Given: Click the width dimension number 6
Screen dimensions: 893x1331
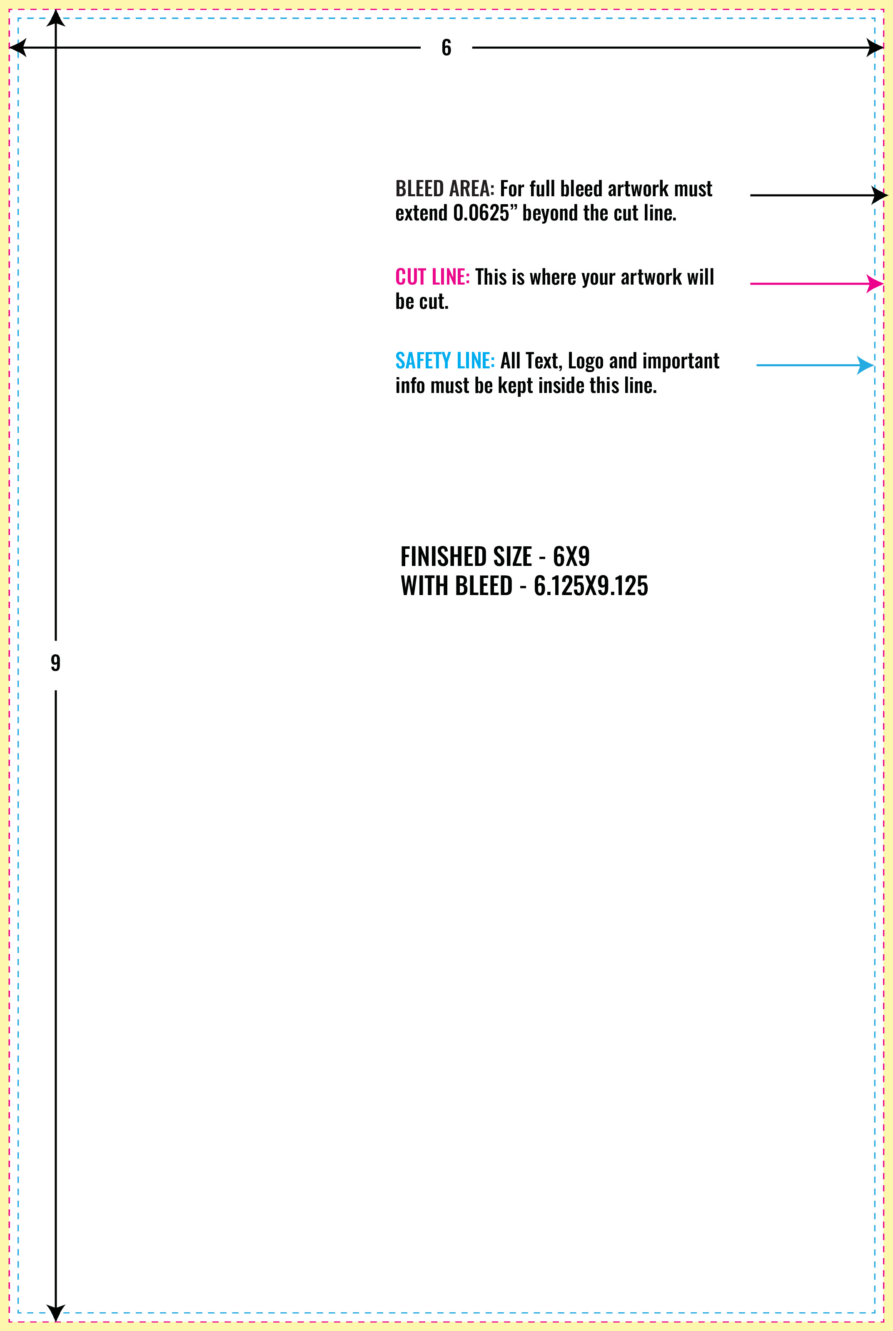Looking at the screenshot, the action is point(446,48).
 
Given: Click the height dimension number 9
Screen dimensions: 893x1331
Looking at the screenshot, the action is point(55,663).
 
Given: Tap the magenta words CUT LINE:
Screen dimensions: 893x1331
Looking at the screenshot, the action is point(432,277).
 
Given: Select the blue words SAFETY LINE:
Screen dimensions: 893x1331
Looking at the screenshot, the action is point(445,360).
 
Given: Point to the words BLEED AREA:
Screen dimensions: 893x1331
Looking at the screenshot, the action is point(445,189).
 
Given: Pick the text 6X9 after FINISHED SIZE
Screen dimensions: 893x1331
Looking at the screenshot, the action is point(571,557).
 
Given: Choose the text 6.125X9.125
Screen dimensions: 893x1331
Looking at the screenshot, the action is point(591,586).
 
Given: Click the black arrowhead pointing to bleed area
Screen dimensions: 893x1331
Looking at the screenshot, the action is point(880,195).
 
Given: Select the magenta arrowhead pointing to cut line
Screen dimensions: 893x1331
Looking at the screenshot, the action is point(876,283).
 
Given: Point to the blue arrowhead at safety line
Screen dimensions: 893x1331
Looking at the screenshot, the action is point(866,365).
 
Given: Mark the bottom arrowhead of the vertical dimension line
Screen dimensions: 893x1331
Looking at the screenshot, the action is point(56,1313).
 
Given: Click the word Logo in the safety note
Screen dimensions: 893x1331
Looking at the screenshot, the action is point(586,362).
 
